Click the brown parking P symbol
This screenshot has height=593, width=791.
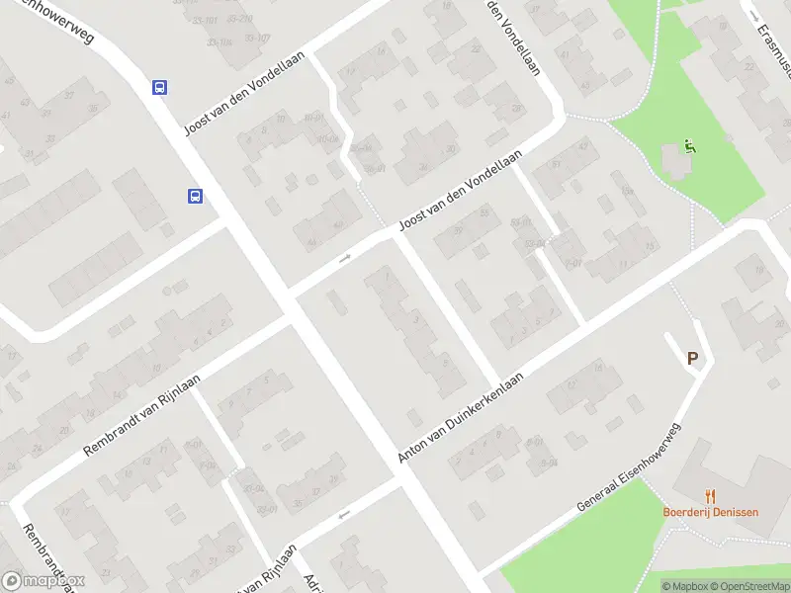pyautogui.click(x=693, y=360)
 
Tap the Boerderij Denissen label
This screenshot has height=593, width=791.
pyautogui.click(x=710, y=513)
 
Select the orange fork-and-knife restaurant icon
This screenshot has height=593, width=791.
pyautogui.click(x=710, y=496)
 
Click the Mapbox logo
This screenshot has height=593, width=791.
pyautogui.click(x=43, y=581)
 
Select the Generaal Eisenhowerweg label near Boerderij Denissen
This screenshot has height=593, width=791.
pyautogui.click(x=630, y=467)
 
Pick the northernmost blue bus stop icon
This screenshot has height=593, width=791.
pyautogui.click(x=159, y=87)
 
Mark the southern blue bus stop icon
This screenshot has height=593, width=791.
pyautogui.click(x=196, y=196)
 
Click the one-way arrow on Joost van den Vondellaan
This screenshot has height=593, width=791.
pyautogui.click(x=345, y=258)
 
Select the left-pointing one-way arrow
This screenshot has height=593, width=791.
pyautogui.click(x=344, y=514)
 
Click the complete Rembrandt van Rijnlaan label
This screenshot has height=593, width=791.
pyautogui.click(x=141, y=414)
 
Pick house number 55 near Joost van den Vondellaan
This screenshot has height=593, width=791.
pyautogui.click(x=484, y=212)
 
